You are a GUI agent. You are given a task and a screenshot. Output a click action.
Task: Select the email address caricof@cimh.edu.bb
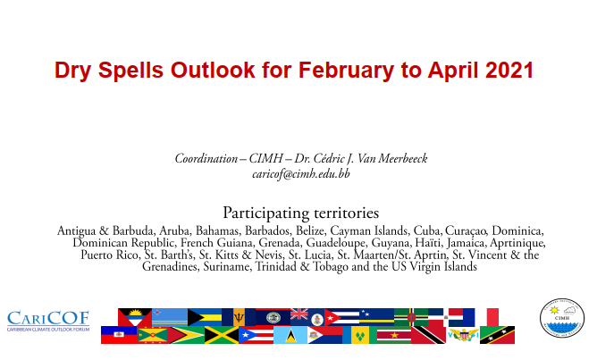click(301, 174)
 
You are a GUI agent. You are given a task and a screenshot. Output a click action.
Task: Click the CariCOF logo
click(48, 321)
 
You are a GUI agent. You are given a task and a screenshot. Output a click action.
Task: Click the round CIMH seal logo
click(562, 318)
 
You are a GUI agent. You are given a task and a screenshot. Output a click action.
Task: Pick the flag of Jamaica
click(222, 335)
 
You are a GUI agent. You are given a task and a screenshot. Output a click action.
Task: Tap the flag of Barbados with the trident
click(239, 317)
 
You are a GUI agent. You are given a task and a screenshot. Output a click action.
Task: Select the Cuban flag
click(341, 317)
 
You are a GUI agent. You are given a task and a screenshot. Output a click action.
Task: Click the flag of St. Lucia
click(290, 335)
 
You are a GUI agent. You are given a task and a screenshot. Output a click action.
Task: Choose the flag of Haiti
click(119, 335)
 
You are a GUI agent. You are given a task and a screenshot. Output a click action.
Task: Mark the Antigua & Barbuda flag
click(135, 317)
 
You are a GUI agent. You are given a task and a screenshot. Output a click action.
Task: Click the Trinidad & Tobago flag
click(428, 335)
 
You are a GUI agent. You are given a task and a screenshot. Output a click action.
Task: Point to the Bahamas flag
click(205, 317)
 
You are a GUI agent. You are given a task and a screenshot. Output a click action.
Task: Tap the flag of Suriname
click(394, 335)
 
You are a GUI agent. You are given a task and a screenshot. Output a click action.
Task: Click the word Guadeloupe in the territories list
click(335, 243)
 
